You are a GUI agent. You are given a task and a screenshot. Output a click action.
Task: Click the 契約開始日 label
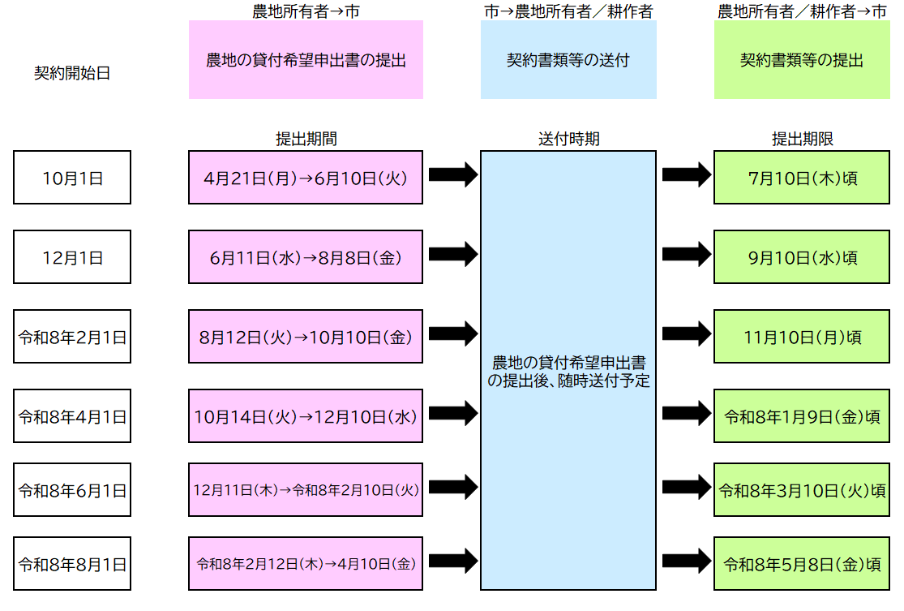tap(71, 73)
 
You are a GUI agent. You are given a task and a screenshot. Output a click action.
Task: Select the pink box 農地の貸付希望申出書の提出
tap(306, 60)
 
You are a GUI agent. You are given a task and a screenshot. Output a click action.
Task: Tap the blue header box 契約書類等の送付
tap(568, 60)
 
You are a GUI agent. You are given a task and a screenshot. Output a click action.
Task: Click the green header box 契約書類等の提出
tap(801, 60)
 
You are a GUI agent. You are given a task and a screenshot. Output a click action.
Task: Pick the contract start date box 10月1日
tap(72, 178)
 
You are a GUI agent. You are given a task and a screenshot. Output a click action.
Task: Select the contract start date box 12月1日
tap(72, 257)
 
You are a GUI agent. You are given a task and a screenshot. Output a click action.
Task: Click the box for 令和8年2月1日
tap(72, 336)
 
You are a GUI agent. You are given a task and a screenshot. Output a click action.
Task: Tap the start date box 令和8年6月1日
tap(72, 490)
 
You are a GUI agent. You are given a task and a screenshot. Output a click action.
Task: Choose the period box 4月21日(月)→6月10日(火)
tap(306, 177)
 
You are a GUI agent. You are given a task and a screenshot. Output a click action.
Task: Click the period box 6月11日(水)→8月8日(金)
tap(306, 256)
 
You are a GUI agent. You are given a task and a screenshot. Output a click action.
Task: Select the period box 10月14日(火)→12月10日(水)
tap(306, 416)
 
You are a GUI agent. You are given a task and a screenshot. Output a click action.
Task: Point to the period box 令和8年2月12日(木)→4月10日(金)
tap(306, 562)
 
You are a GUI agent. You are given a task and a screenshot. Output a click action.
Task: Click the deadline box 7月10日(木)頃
tap(802, 177)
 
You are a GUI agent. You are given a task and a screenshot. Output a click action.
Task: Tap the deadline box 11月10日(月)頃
tap(802, 336)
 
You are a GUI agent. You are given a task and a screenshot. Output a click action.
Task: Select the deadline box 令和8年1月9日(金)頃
tap(802, 416)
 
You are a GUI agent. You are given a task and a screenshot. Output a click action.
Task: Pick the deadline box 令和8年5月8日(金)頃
tap(802, 563)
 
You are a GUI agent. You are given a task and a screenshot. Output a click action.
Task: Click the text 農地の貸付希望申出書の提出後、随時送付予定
tap(568, 370)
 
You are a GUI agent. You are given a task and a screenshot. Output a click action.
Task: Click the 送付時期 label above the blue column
tap(568, 139)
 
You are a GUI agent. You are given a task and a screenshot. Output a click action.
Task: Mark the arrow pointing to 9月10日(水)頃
tap(686, 254)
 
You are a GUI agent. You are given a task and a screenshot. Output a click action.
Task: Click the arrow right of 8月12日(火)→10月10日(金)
tap(452, 333)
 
